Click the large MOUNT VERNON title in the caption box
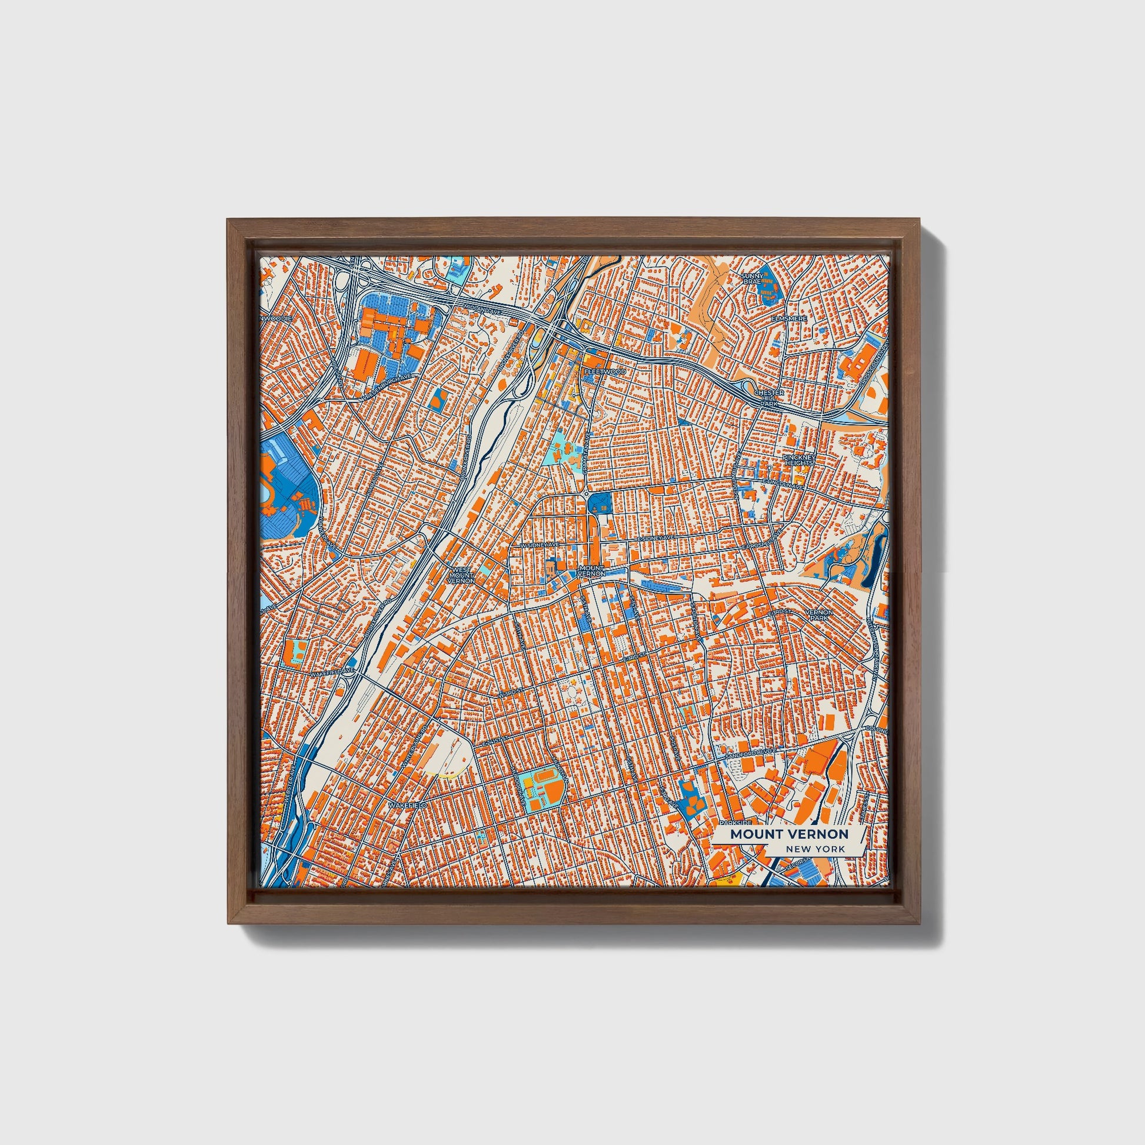789,834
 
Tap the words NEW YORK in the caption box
816,849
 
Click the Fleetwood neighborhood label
604,372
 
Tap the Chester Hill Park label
769,398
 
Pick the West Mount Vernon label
461,575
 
